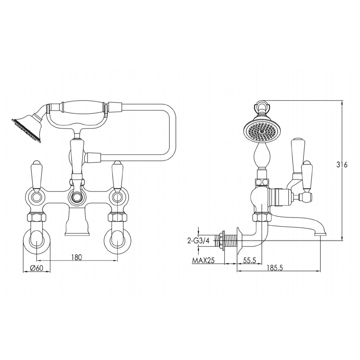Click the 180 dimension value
point(77,257)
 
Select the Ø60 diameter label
point(36,268)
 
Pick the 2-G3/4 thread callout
point(198,241)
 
